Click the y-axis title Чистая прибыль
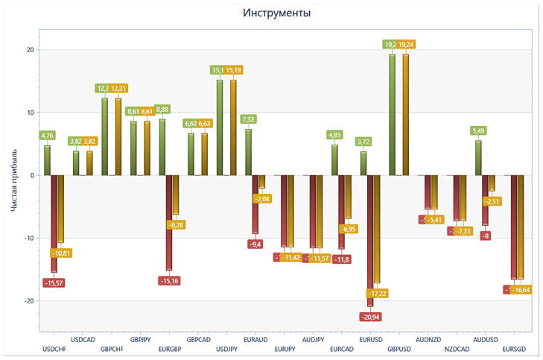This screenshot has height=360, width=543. click(x=14, y=179)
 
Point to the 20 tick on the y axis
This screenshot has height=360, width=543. click(x=31, y=50)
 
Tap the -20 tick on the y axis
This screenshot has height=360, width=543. click(x=28, y=301)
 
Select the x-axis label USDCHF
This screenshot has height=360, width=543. click(x=54, y=349)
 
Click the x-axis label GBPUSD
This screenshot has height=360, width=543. click(x=399, y=349)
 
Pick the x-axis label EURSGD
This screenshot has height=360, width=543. click(x=514, y=349)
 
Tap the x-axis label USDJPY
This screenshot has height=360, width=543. click(x=226, y=349)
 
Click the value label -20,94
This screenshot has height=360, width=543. click(x=370, y=317)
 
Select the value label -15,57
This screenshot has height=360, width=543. click(x=54, y=282)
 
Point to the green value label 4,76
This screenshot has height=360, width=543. click(x=47, y=136)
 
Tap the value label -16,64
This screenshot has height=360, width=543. click(x=521, y=290)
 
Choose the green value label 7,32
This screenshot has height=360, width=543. click(x=249, y=119)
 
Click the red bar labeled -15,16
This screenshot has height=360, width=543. click(x=169, y=223)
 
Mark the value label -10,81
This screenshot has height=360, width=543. click(x=61, y=253)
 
